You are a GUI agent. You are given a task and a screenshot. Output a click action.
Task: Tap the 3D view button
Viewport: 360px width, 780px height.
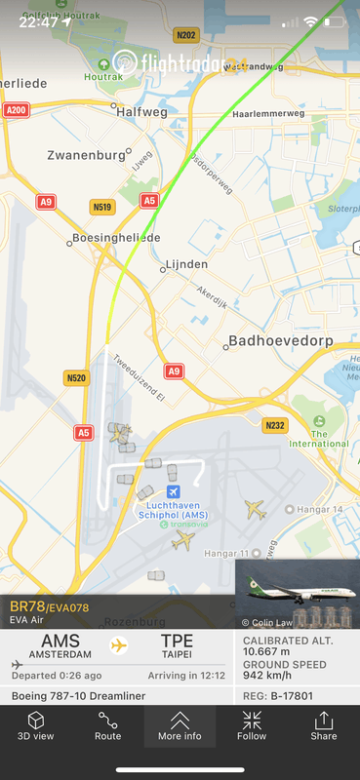pos(35,725)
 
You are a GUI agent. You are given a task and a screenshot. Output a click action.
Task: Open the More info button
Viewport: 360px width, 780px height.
pos(180,725)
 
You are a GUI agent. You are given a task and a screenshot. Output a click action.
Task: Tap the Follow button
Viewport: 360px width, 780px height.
pos(252,725)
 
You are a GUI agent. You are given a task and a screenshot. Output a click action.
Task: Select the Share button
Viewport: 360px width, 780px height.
pos(324,725)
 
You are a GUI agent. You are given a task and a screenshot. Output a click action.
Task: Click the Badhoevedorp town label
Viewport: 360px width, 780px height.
pos(282,341)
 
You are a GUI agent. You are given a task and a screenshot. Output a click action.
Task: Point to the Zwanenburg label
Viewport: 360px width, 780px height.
pos(87,155)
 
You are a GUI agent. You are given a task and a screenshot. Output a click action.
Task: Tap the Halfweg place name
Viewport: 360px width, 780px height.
pos(141,112)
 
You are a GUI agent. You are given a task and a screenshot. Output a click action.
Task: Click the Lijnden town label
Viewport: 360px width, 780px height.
pos(186,264)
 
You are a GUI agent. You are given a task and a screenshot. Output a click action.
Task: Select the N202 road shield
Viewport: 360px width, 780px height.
pos(185,35)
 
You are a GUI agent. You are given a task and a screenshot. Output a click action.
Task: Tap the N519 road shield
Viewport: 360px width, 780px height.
pos(101,207)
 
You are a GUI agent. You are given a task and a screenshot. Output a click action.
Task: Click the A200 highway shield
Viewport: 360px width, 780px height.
pos(16,111)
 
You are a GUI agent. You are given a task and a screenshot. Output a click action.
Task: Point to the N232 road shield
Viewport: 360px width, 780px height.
pos(275,425)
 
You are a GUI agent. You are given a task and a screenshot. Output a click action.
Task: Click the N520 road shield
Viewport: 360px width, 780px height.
pos(76,377)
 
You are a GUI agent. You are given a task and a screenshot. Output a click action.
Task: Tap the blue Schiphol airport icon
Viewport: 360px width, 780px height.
pos(174,491)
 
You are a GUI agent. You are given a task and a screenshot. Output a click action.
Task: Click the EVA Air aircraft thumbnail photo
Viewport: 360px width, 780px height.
pos(297,594)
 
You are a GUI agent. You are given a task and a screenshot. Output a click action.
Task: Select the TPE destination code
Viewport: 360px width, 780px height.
pos(177,642)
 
